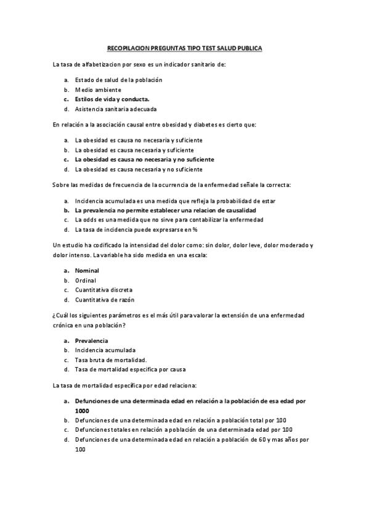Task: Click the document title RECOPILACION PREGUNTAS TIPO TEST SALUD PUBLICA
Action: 184,47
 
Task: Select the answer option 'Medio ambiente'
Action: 99,89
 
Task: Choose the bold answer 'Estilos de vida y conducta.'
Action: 112,99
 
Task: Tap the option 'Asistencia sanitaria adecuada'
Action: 116,109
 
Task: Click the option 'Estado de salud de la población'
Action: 119,80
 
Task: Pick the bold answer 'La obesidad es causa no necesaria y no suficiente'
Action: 144,159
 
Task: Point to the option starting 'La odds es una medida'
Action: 169,220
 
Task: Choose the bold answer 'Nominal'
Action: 87,270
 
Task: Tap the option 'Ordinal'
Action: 86,280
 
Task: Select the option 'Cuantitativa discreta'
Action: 103,290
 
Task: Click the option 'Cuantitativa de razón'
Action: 104,300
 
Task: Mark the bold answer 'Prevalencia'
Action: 91,340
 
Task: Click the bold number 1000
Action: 82,410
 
